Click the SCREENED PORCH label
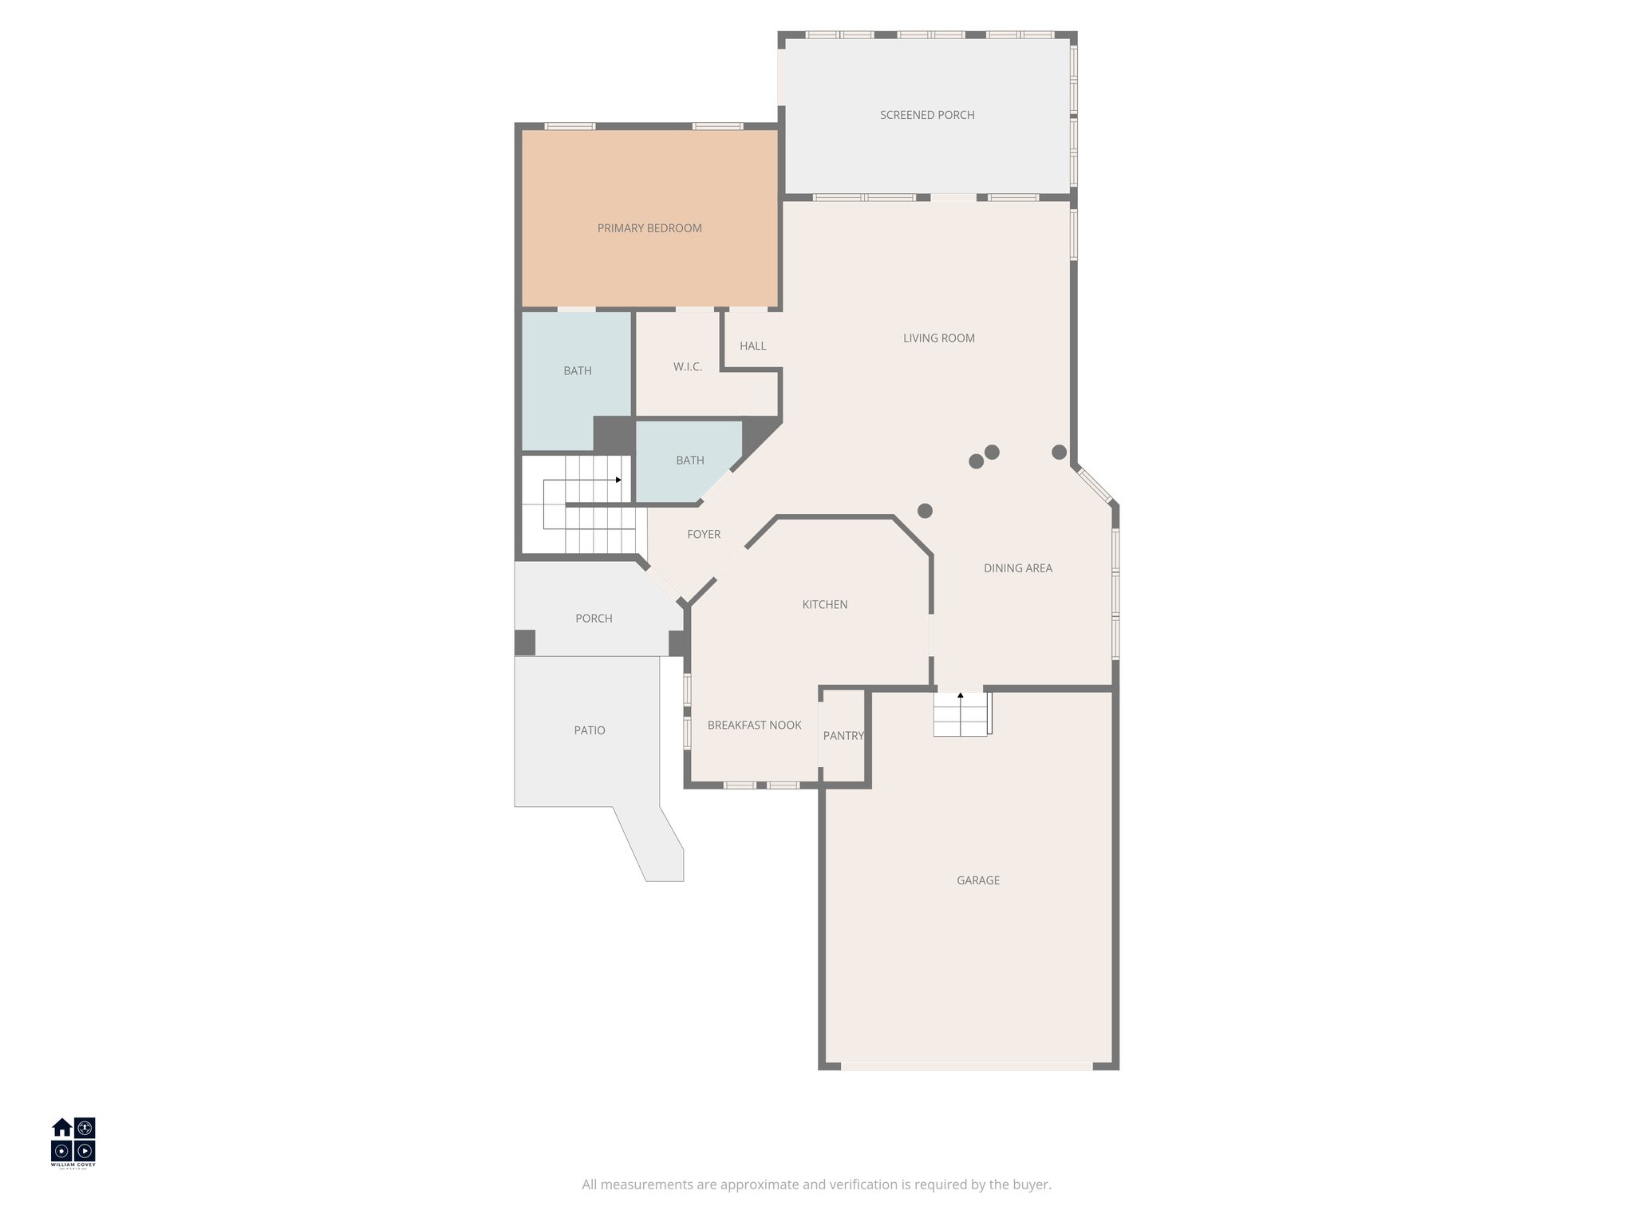[x=927, y=115]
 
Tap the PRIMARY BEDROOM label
[x=649, y=228]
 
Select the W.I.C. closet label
[x=687, y=367]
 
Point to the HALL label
[x=752, y=346]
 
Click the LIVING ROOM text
[x=938, y=338]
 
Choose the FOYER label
[x=704, y=534]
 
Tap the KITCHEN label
[x=824, y=604]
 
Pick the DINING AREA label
[x=1017, y=568]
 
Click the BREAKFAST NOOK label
[x=754, y=725]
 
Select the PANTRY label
[x=843, y=735]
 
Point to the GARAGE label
[x=977, y=880]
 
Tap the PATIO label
[x=590, y=730]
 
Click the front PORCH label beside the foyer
[x=594, y=619]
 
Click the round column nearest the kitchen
[x=925, y=511]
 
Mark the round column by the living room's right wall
[x=1059, y=453]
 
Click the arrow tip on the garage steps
[x=961, y=695]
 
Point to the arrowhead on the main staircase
[x=618, y=480]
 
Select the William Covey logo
[x=73, y=1142]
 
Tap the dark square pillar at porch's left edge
[x=524, y=643]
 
